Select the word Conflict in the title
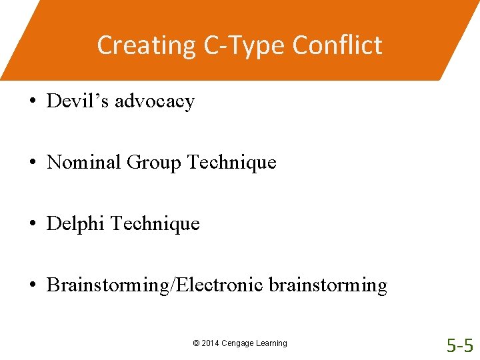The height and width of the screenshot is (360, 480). (337, 45)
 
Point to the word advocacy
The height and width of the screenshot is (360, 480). (155, 102)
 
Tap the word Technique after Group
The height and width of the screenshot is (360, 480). (232, 163)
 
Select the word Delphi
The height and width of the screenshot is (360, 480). (75, 224)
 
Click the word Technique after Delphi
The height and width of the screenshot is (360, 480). (155, 224)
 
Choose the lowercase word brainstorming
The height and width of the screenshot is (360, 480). (328, 286)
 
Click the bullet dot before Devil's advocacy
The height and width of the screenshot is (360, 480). (32, 102)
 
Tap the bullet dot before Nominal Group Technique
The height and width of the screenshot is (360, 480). (32, 163)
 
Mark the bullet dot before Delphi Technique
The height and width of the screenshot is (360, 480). (32, 224)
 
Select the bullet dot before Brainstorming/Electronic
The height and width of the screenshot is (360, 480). (32, 286)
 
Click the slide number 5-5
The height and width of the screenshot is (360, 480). (460, 345)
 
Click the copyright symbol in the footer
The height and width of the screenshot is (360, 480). (195, 343)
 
